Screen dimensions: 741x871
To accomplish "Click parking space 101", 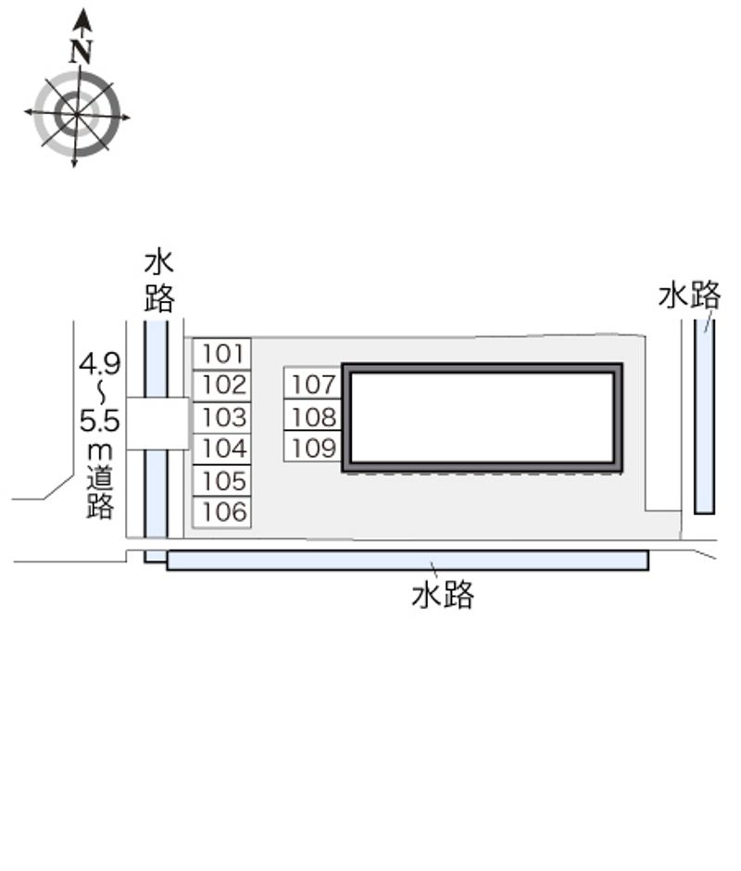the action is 222,354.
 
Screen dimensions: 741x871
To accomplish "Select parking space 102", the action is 222,385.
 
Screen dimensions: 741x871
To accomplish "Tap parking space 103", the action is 222,417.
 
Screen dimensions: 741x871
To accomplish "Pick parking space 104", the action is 222,448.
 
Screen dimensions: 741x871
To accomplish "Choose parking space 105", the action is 222,481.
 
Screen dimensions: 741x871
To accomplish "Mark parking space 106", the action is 222,512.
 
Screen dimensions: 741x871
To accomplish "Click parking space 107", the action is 313,383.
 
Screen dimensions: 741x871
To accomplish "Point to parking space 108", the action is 313,414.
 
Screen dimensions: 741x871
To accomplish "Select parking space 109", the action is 313,446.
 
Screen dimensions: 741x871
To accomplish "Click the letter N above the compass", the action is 82,52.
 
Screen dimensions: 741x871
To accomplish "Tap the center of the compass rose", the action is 76,115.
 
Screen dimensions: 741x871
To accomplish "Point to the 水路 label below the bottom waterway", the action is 443,595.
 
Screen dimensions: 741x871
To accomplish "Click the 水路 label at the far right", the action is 689,295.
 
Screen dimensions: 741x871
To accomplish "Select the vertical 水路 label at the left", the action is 159,283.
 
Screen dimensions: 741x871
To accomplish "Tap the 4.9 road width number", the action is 100,364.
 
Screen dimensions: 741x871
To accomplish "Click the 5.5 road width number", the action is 100,421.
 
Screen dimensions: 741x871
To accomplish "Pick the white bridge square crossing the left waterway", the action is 157,423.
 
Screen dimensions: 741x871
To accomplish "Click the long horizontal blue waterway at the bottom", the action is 408,561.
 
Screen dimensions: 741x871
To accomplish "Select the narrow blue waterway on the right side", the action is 704,416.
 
